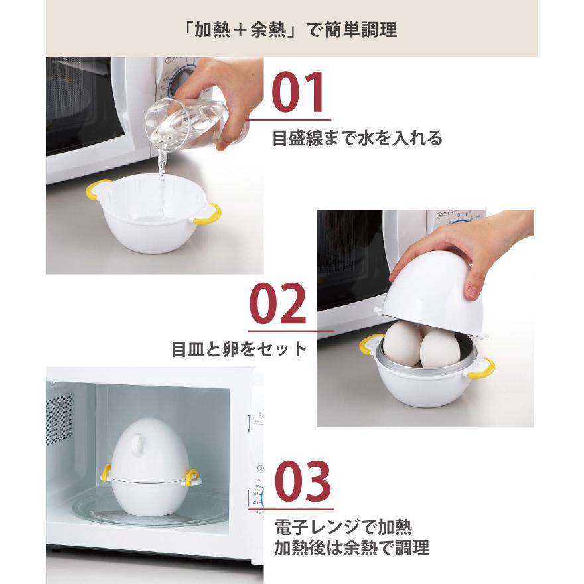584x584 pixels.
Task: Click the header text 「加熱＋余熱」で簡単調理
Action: tap(291, 31)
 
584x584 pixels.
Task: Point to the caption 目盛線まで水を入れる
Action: tap(357, 139)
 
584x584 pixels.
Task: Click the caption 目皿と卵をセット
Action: tap(239, 349)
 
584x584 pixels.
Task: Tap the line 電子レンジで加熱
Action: tap(343, 528)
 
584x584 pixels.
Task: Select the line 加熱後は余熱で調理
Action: tap(352, 548)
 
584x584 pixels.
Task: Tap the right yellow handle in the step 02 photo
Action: tap(482, 368)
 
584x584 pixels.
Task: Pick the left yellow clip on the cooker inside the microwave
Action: tap(106, 473)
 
